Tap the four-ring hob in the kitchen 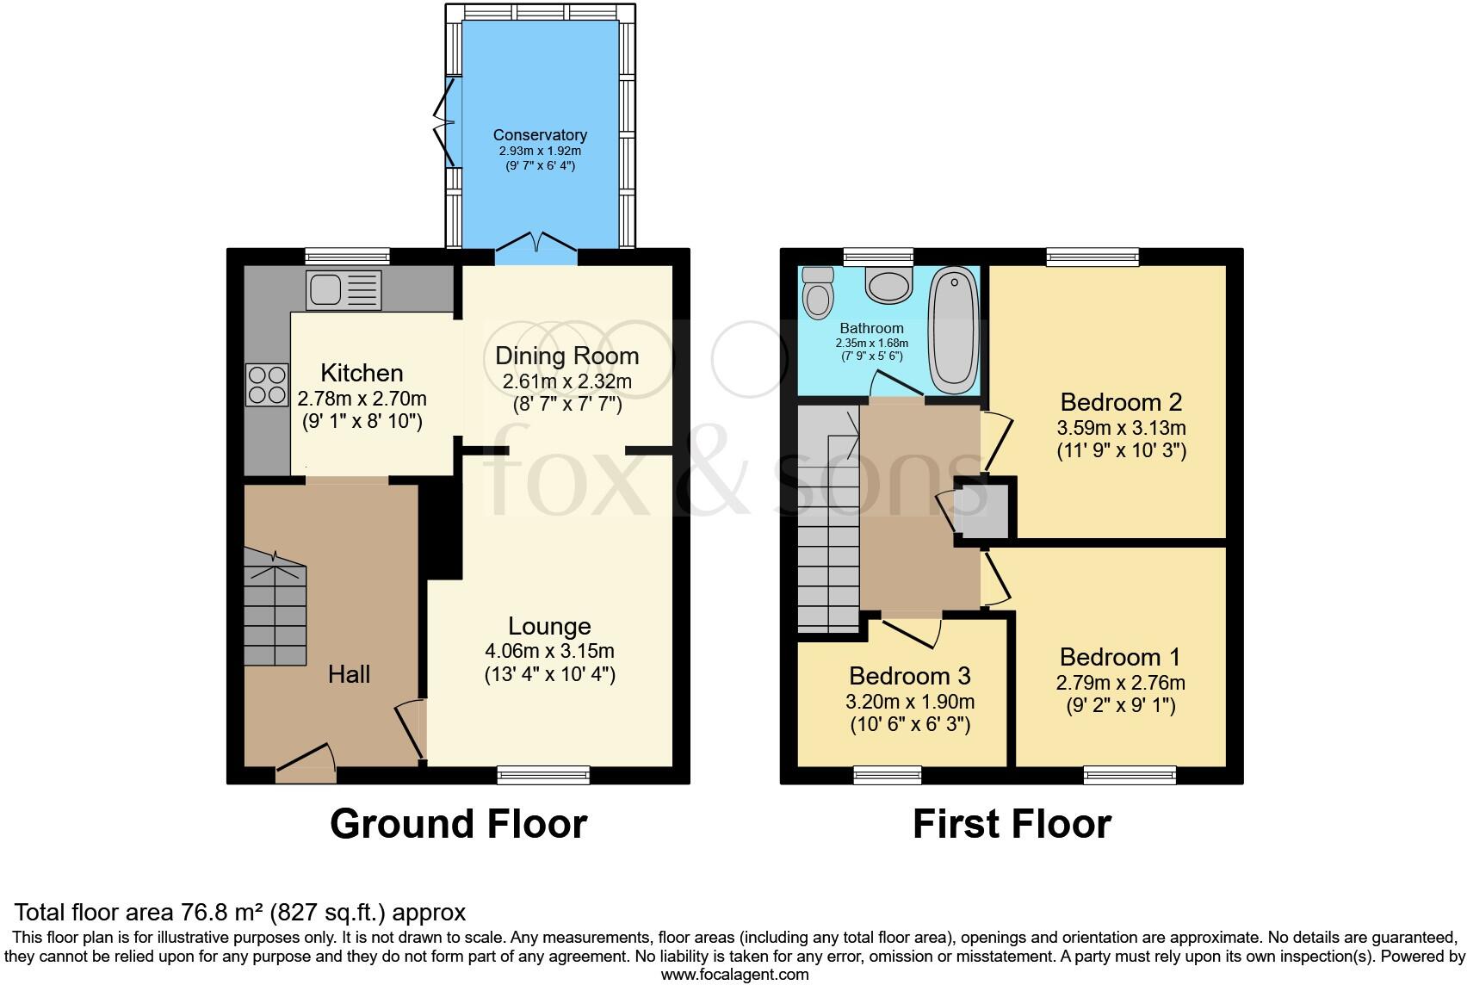[x=267, y=385]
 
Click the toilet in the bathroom [x=816, y=294]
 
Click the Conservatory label [x=540, y=135]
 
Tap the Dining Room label [x=566, y=356]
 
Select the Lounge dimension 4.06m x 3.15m [x=549, y=651]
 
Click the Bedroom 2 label [x=1121, y=402]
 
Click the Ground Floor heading [x=458, y=824]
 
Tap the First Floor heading [x=1012, y=824]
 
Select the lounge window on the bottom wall [x=543, y=776]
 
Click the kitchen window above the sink [x=347, y=256]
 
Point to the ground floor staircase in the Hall [x=275, y=611]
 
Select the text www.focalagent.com [x=734, y=975]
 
